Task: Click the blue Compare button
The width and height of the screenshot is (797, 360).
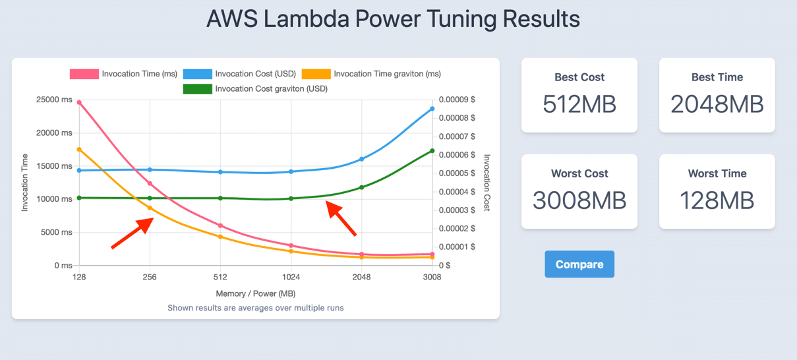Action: pos(579,264)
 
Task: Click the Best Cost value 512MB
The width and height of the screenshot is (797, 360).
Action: pos(579,104)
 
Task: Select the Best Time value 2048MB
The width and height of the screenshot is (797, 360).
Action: pos(717,104)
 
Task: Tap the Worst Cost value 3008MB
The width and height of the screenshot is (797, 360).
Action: pos(579,200)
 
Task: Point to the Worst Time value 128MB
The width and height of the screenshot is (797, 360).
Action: pos(717,200)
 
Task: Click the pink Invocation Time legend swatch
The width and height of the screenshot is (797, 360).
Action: pos(84,75)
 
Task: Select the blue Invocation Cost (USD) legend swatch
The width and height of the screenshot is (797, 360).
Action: pos(197,75)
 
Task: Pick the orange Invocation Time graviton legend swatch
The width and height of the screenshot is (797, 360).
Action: pos(316,75)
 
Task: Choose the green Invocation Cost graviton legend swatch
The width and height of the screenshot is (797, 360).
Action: pos(197,89)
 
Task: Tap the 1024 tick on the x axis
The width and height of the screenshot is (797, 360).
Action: pos(291,278)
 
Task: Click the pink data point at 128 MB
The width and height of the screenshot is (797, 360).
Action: pos(79,103)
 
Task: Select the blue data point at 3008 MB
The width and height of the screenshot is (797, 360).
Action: pos(432,109)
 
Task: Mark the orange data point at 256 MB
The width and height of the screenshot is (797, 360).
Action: pos(150,208)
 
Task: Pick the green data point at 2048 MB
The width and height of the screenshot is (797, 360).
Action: pos(361,187)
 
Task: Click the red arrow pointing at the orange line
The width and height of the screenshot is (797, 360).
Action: pos(133,233)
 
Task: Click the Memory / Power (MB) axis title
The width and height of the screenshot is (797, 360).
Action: pos(255,293)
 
